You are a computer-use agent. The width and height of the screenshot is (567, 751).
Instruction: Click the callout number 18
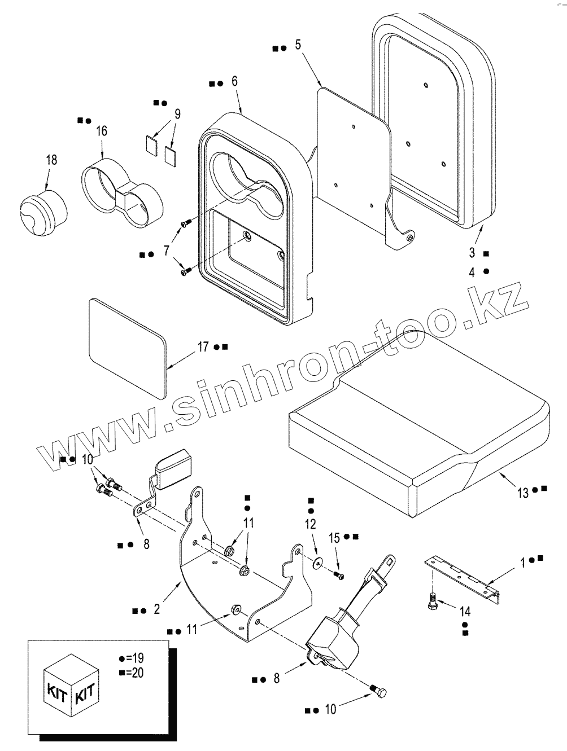[51, 160]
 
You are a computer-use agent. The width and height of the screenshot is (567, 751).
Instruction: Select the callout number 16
[101, 131]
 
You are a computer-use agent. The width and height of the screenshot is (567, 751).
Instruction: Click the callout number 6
[234, 81]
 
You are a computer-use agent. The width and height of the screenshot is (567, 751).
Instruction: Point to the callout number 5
[298, 45]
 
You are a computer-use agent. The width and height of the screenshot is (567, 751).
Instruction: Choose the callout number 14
[465, 611]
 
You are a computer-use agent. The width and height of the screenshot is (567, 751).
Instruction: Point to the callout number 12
[311, 525]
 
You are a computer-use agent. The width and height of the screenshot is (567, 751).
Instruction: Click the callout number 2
[156, 609]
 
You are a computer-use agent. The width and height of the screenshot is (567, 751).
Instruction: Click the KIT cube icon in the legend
[70, 685]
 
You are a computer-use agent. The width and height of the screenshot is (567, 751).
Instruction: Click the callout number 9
[177, 114]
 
